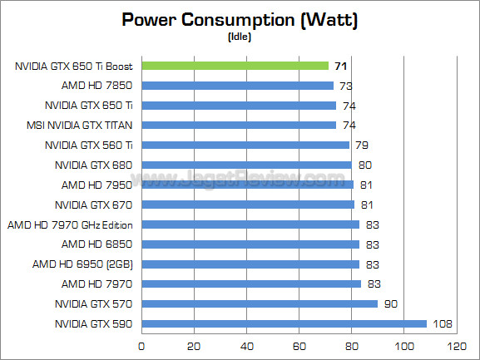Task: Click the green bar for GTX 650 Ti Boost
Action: tap(235, 66)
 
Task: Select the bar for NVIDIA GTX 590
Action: tap(284, 324)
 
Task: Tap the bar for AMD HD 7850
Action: tap(238, 86)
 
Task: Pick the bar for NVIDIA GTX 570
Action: tap(260, 303)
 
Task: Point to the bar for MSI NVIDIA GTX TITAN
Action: tap(239, 125)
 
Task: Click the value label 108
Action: tap(443, 324)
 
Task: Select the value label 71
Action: tap(341, 66)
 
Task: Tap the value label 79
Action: tap(362, 145)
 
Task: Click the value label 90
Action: tap(391, 304)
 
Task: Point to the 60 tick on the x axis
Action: tap(299, 346)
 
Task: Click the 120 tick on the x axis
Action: tap(457, 346)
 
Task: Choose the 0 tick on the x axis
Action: tap(141, 346)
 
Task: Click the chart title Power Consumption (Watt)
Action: tap(240, 20)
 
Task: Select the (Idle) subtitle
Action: tap(240, 37)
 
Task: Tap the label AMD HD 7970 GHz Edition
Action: tap(70, 225)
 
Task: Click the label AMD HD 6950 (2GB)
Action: tap(82, 264)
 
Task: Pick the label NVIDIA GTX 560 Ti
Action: tap(89, 145)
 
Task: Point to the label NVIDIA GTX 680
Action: tap(93, 165)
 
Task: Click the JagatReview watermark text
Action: tap(238, 178)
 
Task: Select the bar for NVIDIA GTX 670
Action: tap(248, 205)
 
